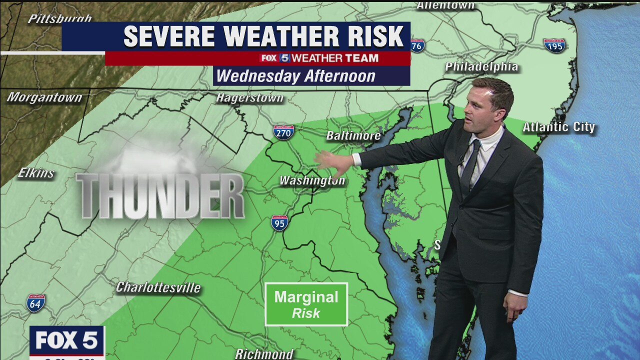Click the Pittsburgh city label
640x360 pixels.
[59, 18]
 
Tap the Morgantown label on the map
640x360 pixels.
[44, 97]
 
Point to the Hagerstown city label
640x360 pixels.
[249, 97]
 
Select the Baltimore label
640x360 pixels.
[353, 135]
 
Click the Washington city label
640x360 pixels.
[312, 180]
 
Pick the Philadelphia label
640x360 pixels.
[481, 66]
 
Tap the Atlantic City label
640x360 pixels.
[559, 127]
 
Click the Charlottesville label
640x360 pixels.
[158, 287]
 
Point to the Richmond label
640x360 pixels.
[264, 354]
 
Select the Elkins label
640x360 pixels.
[36, 173]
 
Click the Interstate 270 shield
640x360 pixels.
[283, 132]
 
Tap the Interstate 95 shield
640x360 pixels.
[279, 222]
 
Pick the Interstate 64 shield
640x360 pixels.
[35, 303]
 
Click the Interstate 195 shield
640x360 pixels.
[554, 45]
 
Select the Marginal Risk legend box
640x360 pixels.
[306, 304]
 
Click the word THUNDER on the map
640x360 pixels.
[160, 196]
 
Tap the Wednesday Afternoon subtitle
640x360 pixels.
[295, 76]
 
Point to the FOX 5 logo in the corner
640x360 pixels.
[66, 341]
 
